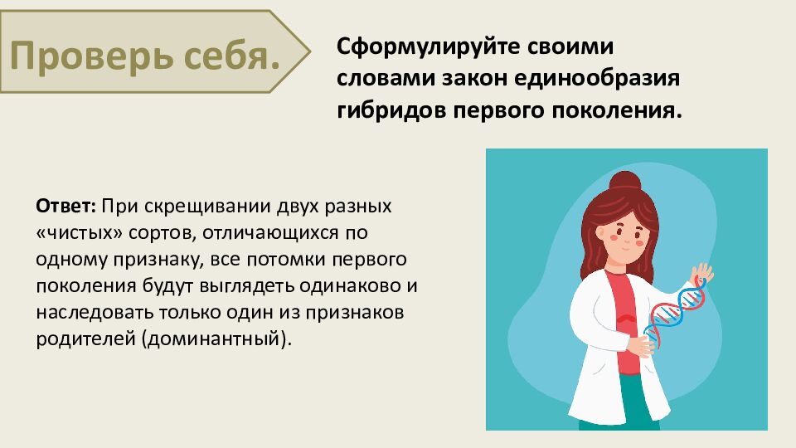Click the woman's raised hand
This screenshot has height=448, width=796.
point(702,273)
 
